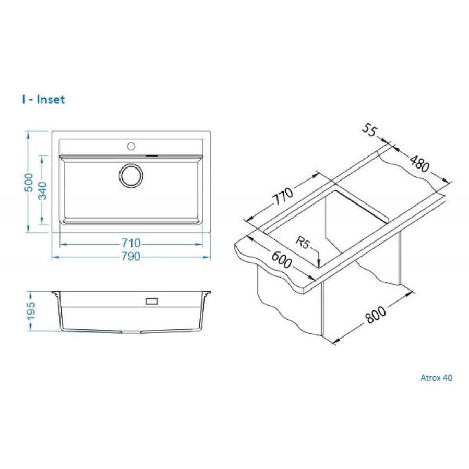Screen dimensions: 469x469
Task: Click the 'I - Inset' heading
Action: pos(43,99)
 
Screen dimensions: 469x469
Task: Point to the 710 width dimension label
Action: pos(130,243)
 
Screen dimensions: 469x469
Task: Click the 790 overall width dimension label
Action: pos(130,257)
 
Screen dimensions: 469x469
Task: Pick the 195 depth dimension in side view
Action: pos(31,311)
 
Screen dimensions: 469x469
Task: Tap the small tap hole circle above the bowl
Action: pos(130,146)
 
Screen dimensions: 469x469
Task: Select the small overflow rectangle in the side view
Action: pos(152,301)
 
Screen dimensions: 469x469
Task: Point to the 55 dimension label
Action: pos(369,131)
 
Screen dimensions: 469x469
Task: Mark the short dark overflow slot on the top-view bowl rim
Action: pos(152,155)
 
